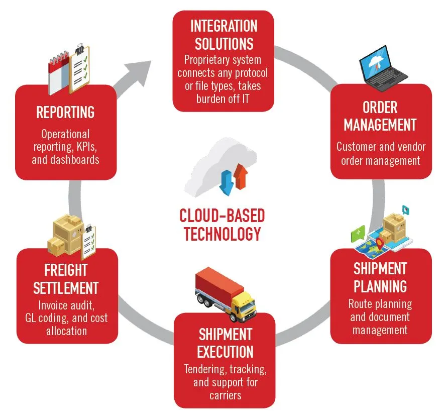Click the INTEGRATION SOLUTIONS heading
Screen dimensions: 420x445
(224, 35)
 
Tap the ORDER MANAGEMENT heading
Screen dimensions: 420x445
(380, 116)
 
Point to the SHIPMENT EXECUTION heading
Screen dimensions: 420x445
(225, 343)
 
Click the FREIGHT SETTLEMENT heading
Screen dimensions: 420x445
(66, 279)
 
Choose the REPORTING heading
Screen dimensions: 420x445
(66, 112)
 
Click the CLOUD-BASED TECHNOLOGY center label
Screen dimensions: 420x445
(222, 225)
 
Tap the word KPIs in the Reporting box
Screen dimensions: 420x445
(89, 148)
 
